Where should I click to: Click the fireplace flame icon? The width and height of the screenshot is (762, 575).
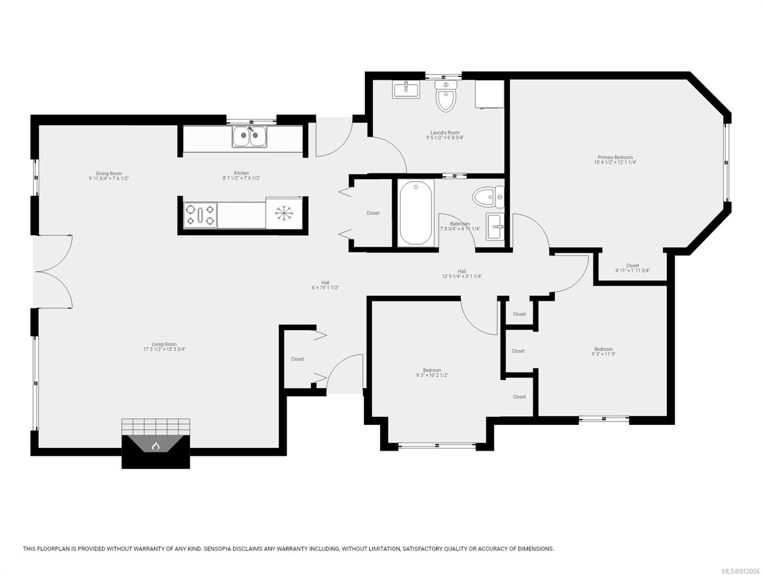[155, 446]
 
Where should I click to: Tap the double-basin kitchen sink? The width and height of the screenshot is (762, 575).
[250, 137]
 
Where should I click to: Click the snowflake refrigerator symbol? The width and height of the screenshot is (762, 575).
[283, 213]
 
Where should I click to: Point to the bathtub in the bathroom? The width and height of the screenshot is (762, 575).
[416, 213]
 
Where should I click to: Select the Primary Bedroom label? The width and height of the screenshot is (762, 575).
[615, 157]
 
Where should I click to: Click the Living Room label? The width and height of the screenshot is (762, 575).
[164, 344]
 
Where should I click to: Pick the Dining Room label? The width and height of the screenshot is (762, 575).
[109, 173]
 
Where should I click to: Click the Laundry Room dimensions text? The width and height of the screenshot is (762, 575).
[445, 138]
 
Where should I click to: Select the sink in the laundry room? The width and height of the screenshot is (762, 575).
[406, 89]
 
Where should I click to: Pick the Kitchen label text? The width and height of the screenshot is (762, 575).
[242, 173]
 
